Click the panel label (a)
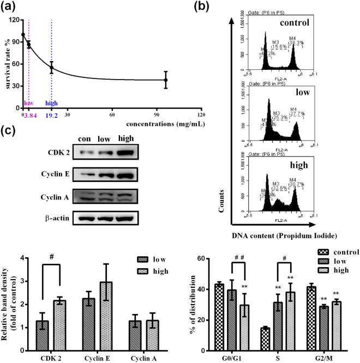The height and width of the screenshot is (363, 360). tap(10, 7)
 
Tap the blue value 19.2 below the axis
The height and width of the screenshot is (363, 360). tap(52, 123)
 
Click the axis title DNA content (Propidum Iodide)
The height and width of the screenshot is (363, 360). tap(292, 235)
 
